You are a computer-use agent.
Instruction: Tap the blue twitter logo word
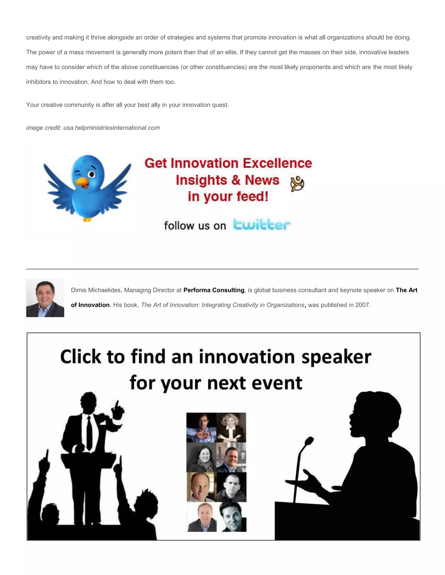click(x=262, y=225)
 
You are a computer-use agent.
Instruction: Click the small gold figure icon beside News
click(x=297, y=184)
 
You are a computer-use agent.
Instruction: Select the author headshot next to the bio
click(x=45, y=298)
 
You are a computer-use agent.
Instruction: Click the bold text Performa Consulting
click(x=214, y=290)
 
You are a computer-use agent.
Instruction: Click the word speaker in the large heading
click(x=336, y=358)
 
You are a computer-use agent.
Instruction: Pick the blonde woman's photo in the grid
click(x=231, y=427)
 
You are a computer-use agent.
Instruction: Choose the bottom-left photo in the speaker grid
click(x=202, y=517)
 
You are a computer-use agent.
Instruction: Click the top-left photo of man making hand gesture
click(x=201, y=427)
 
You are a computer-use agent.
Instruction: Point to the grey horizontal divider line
click(x=222, y=269)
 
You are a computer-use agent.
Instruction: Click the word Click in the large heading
click(x=80, y=358)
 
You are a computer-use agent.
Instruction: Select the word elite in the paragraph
click(x=230, y=52)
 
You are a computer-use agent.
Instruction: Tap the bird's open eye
click(x=91, y=174)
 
